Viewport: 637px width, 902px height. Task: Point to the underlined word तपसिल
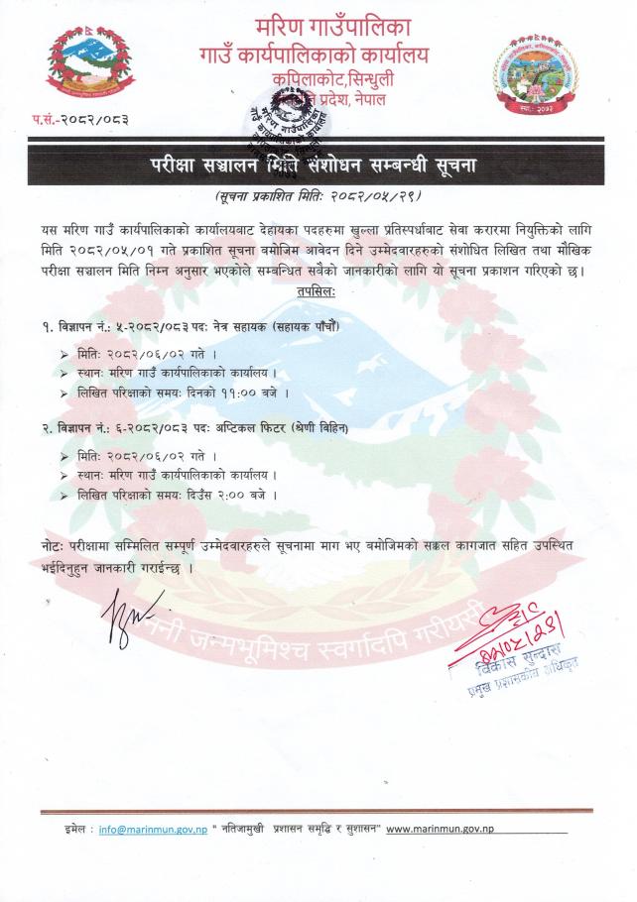pyautogui.click(x=315, y=292)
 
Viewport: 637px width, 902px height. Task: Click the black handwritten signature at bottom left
pyautogui.click(x=128, y=613)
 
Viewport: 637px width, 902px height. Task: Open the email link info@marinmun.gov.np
pyautogui.click(x=152, y=829)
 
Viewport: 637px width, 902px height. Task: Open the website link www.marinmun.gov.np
pyautogui.click(x=440, y=829)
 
